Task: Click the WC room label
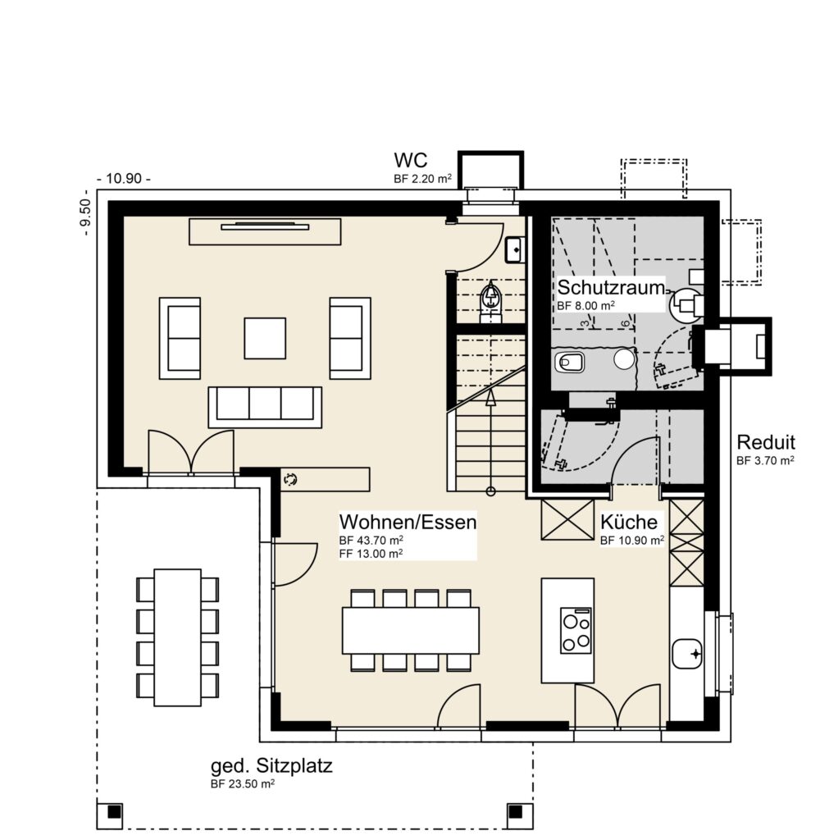click(410, 160)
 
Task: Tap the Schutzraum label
click(611, 288)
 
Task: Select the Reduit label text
click(765, 442)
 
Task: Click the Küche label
click(628, 522)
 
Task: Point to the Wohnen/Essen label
click(408, 522)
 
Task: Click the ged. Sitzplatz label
click(271, 766)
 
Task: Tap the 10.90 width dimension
click(124, 178)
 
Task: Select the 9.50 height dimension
click(86, 213)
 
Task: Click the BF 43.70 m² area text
click(371, 540)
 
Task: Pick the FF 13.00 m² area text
click(371, 554)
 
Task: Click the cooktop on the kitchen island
click(576, 631)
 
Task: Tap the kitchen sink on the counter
click(687, 654)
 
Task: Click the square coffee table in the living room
click(265, 338)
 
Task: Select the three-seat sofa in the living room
click(265, 407)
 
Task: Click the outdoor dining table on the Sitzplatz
click(178, 637)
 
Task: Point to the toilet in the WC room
click(490, 301)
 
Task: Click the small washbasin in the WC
click(514, 249)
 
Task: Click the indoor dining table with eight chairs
click(411, 630)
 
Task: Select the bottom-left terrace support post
click(113, 812)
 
